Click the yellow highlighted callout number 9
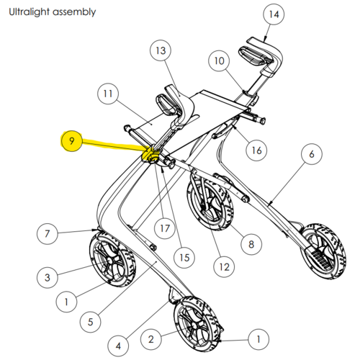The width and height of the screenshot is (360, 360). tap(72, 141)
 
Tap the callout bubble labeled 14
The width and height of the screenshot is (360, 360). tap(274, 14)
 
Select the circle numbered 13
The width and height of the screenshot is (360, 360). tap(161, 50)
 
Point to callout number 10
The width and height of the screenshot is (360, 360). tap(219, 60)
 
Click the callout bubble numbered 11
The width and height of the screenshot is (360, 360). tap(108, 94)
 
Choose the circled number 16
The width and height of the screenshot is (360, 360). tap(256, 150)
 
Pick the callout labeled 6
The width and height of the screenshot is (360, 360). tap(312, 154)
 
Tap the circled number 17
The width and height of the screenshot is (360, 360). tap(165, 228)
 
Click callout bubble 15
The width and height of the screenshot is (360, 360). tap(184, 258)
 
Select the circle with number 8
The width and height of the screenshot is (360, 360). tap(251, 244)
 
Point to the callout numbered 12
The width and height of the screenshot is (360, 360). tap(224, 266)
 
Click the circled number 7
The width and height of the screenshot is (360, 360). tap(48, 233)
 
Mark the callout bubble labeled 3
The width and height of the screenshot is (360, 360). tap(48, 277)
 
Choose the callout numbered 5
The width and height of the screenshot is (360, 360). tap(90, 322)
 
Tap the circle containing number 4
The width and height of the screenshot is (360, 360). tap(118, 346)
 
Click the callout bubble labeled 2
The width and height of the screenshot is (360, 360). tap(150, 339)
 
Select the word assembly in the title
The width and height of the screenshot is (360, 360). tap(74, 12)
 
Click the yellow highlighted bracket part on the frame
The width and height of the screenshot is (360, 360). tap(150, 156)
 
